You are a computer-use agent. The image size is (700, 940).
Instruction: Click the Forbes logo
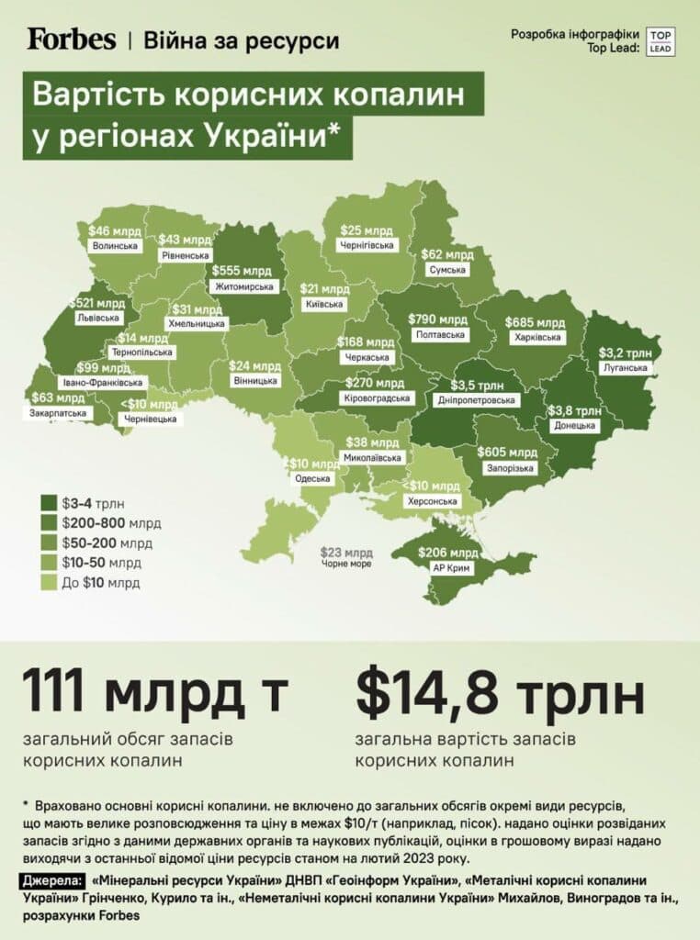pyautogui.click(x=72, y=39)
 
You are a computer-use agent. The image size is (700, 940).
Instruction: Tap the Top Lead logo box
pyautogui.click(x=660, y=41)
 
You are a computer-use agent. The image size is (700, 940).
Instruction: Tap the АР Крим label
pyautogui.click(x=449, y=568)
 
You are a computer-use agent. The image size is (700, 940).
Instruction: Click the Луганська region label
pyautogui.click(x=625, y=368)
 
